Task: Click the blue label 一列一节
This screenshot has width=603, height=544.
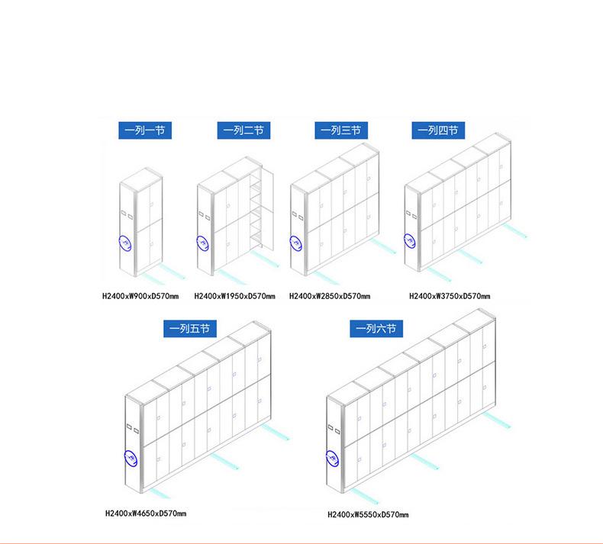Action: point(145,130)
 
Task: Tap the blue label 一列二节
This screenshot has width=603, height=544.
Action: point(243,130)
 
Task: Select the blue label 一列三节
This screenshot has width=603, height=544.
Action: point(341,130)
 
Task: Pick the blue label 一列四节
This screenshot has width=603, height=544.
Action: point(438,130)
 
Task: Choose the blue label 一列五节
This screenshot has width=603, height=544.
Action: point(189,329)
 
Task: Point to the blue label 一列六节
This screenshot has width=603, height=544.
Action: point(376,329)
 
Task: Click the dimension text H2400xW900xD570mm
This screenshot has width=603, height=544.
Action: point(140,296)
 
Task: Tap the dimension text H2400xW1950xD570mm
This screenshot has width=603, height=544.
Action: point(234,296)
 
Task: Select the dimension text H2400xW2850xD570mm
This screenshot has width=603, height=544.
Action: point(330,296)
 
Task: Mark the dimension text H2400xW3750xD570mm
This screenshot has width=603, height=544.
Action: point(450,296)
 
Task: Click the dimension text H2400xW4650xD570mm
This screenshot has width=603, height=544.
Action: point(146,513)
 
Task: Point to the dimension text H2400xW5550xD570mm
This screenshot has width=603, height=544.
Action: point(368,514)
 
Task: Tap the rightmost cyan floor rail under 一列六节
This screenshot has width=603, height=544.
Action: point(496,420)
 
